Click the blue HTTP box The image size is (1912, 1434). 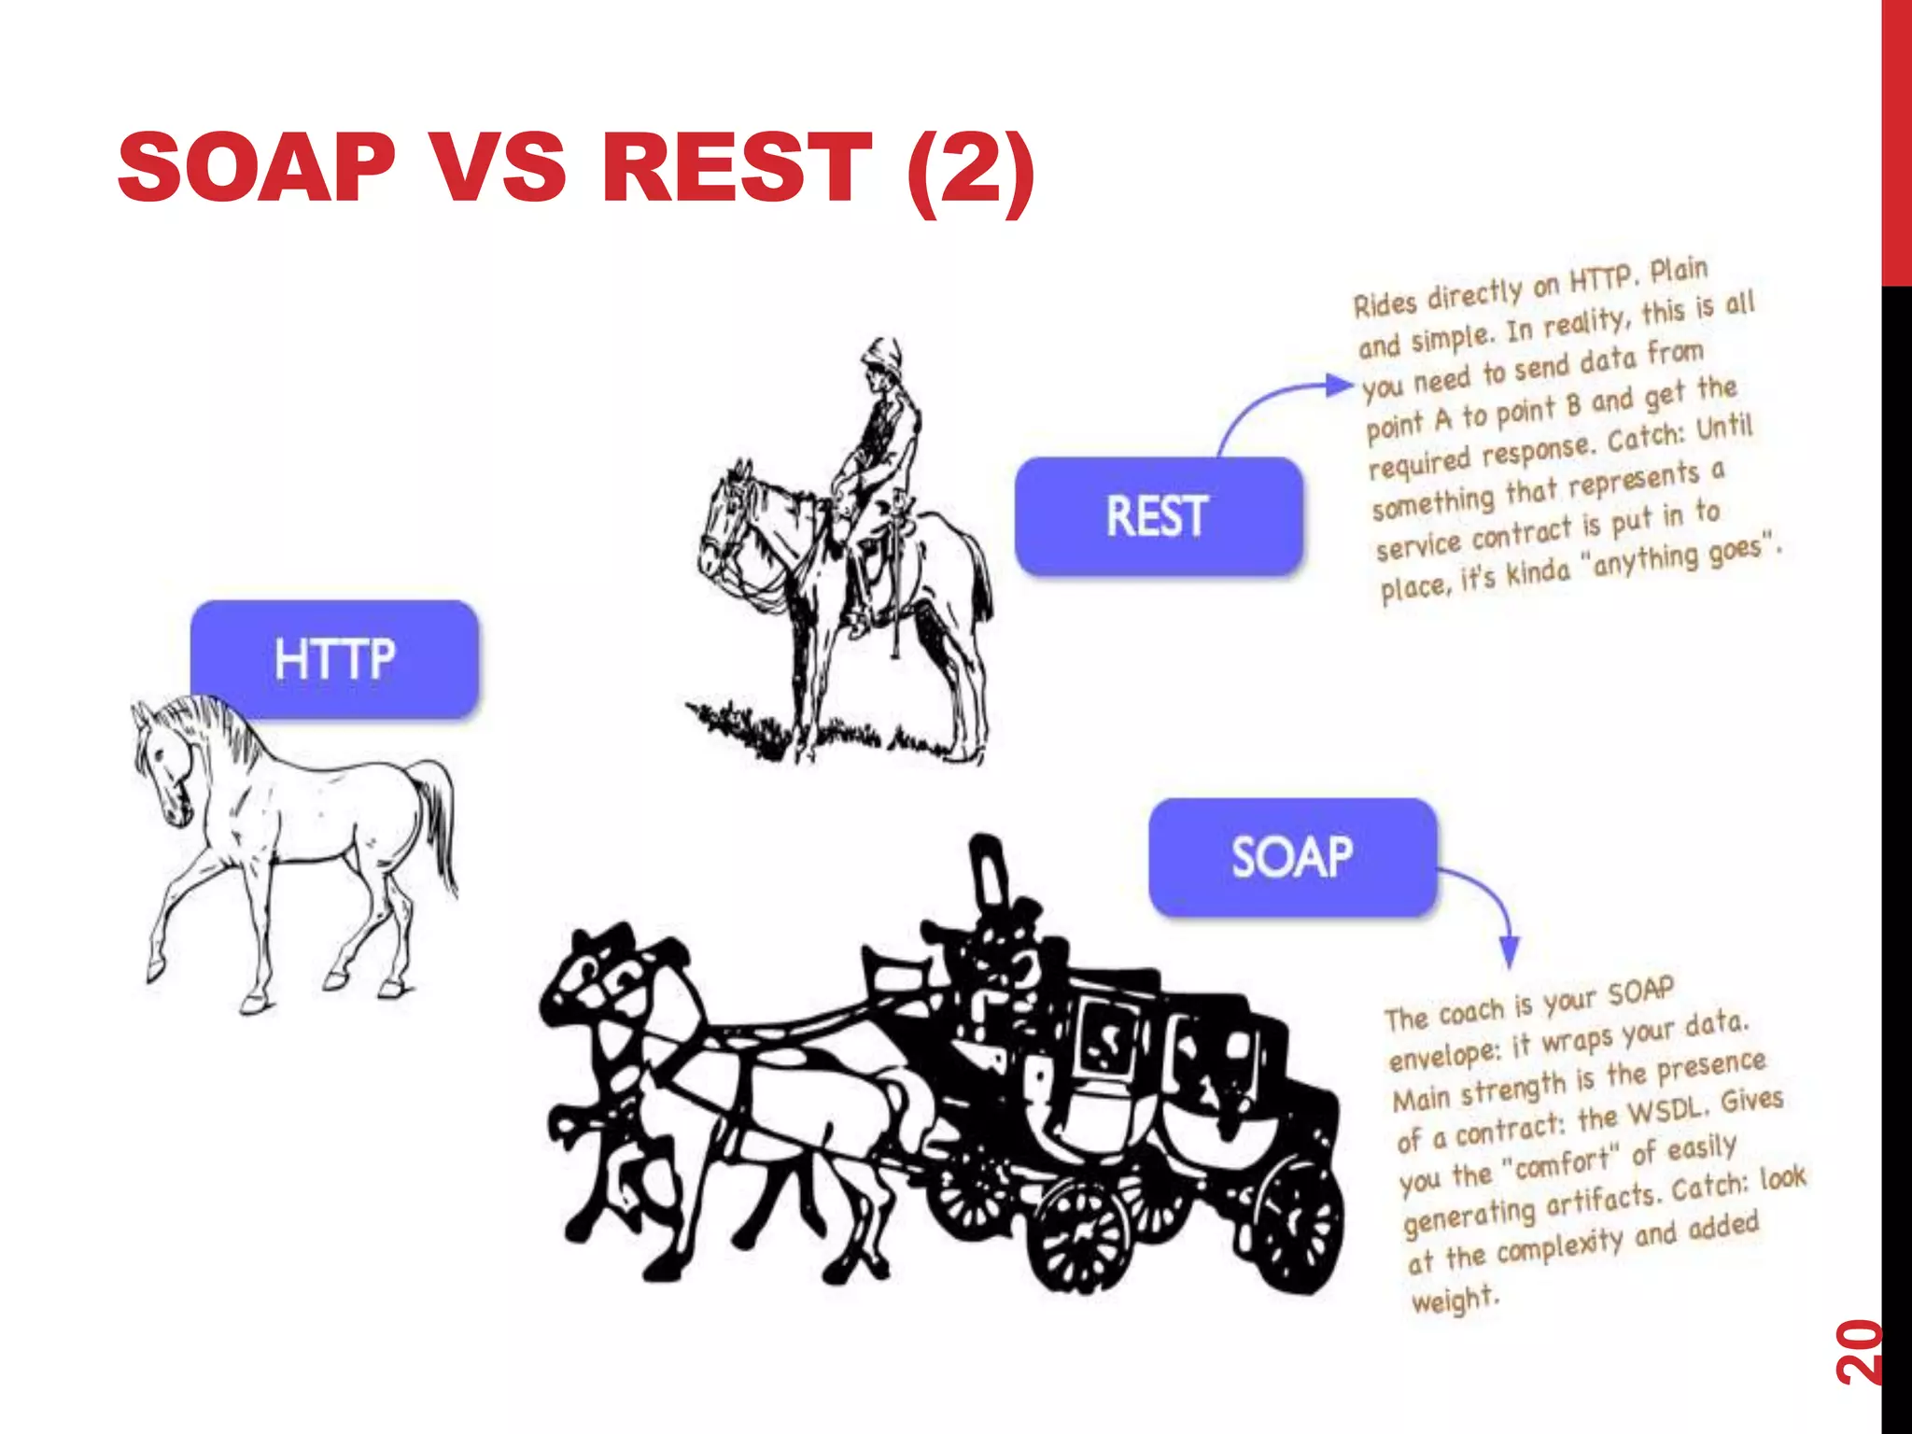tap(334, 658)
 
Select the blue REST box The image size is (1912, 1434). tap(1158, 516)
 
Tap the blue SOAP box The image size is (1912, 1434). tap(1292, 857)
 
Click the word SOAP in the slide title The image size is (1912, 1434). tap(257, 168)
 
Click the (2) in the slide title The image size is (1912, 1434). tap(971, 170)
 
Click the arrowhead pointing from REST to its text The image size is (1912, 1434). tap(1341, 384)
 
